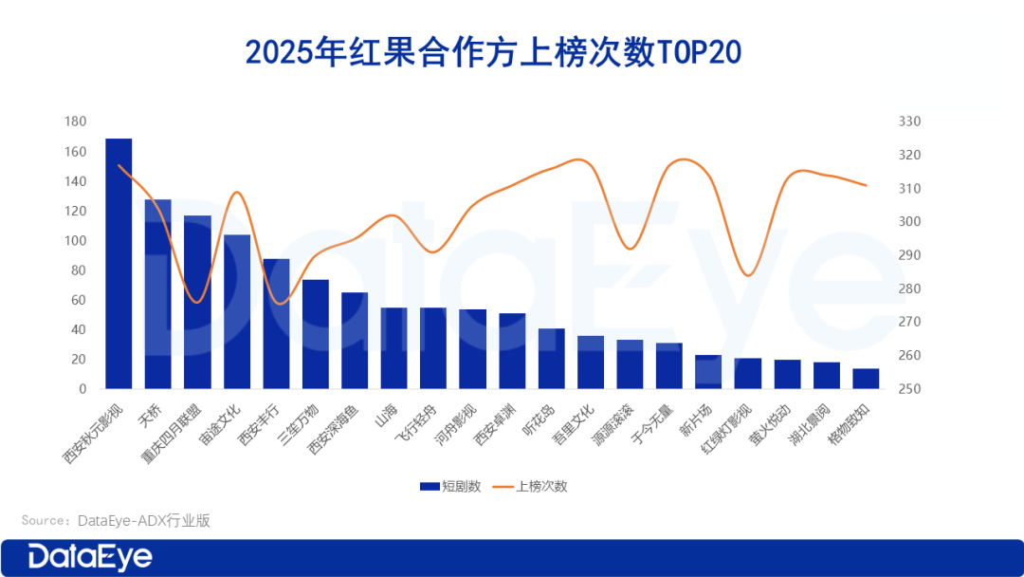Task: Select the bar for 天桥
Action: pos(158,294)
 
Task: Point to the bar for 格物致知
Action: pos(866,379)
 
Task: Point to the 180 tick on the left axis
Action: pos(76,122)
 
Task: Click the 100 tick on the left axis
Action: pos(76,241)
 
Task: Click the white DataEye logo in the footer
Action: pos(90,557)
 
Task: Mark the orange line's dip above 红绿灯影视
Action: pos(748,275)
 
